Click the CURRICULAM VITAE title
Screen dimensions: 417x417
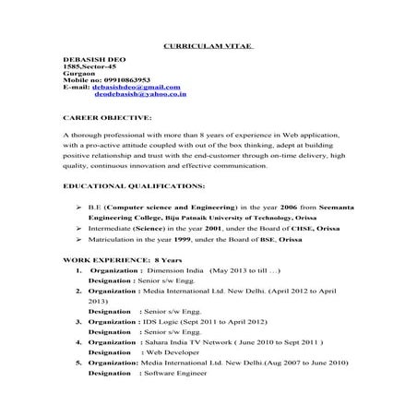(208, 45)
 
